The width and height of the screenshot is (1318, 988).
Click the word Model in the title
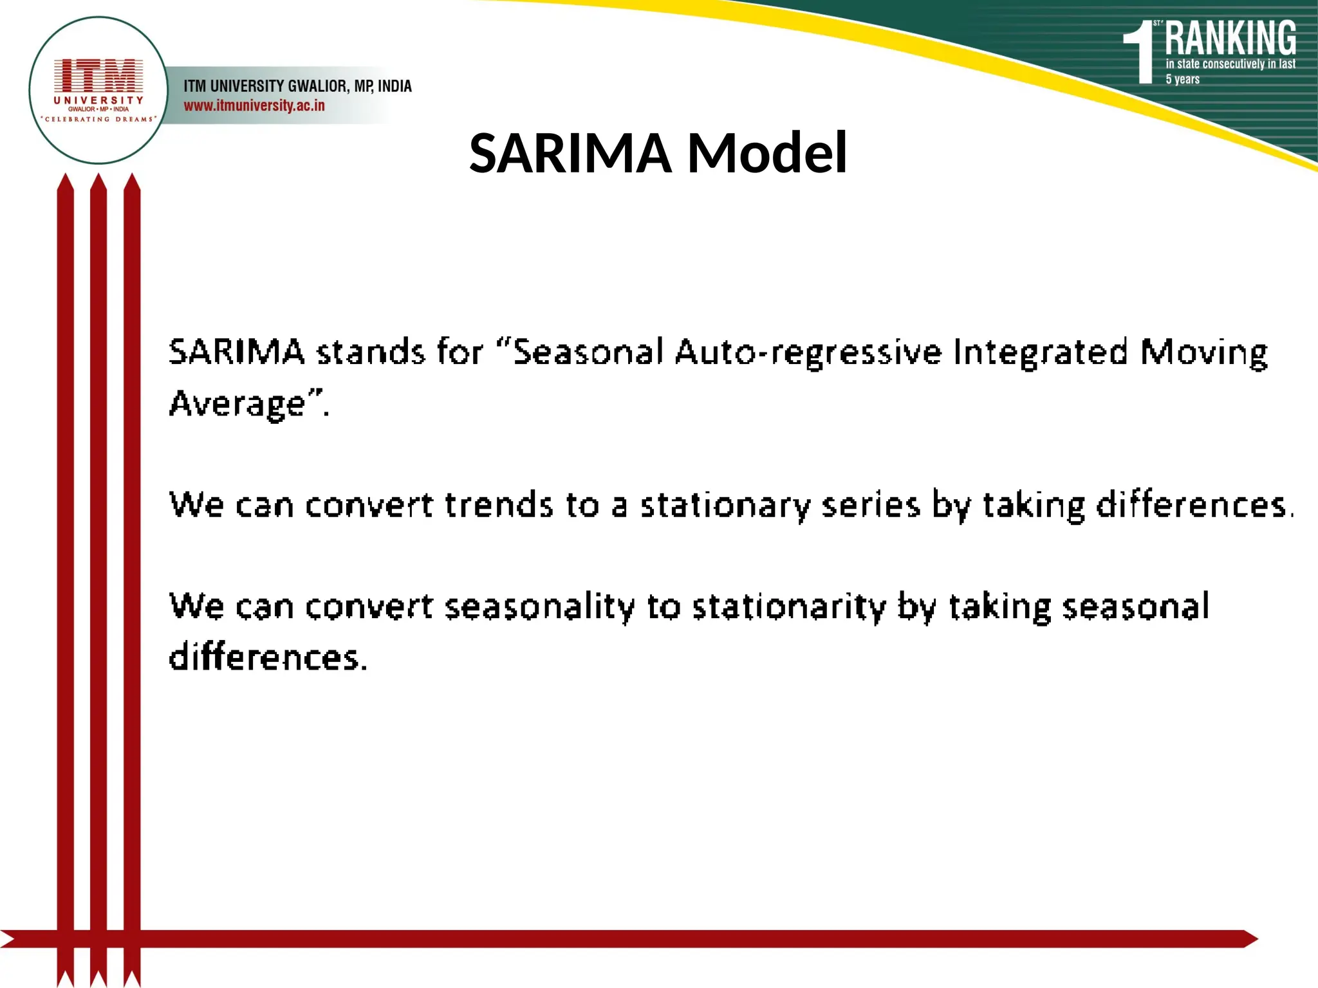click(767, 153)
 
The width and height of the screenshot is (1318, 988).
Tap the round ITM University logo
click(98, 91)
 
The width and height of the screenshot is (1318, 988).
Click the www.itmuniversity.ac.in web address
click(254, 105)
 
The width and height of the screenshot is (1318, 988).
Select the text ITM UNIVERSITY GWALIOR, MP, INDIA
click(297, 86)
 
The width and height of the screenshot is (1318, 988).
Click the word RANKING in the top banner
click(1230, 39)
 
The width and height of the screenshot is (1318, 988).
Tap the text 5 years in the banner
click(1182, 79)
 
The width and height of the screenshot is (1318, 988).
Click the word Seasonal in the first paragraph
click(588, 352)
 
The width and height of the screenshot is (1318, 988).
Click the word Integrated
click(1040, 352)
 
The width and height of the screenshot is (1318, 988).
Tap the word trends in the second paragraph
click(498, 505)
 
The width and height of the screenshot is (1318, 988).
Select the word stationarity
click(789, 607)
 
